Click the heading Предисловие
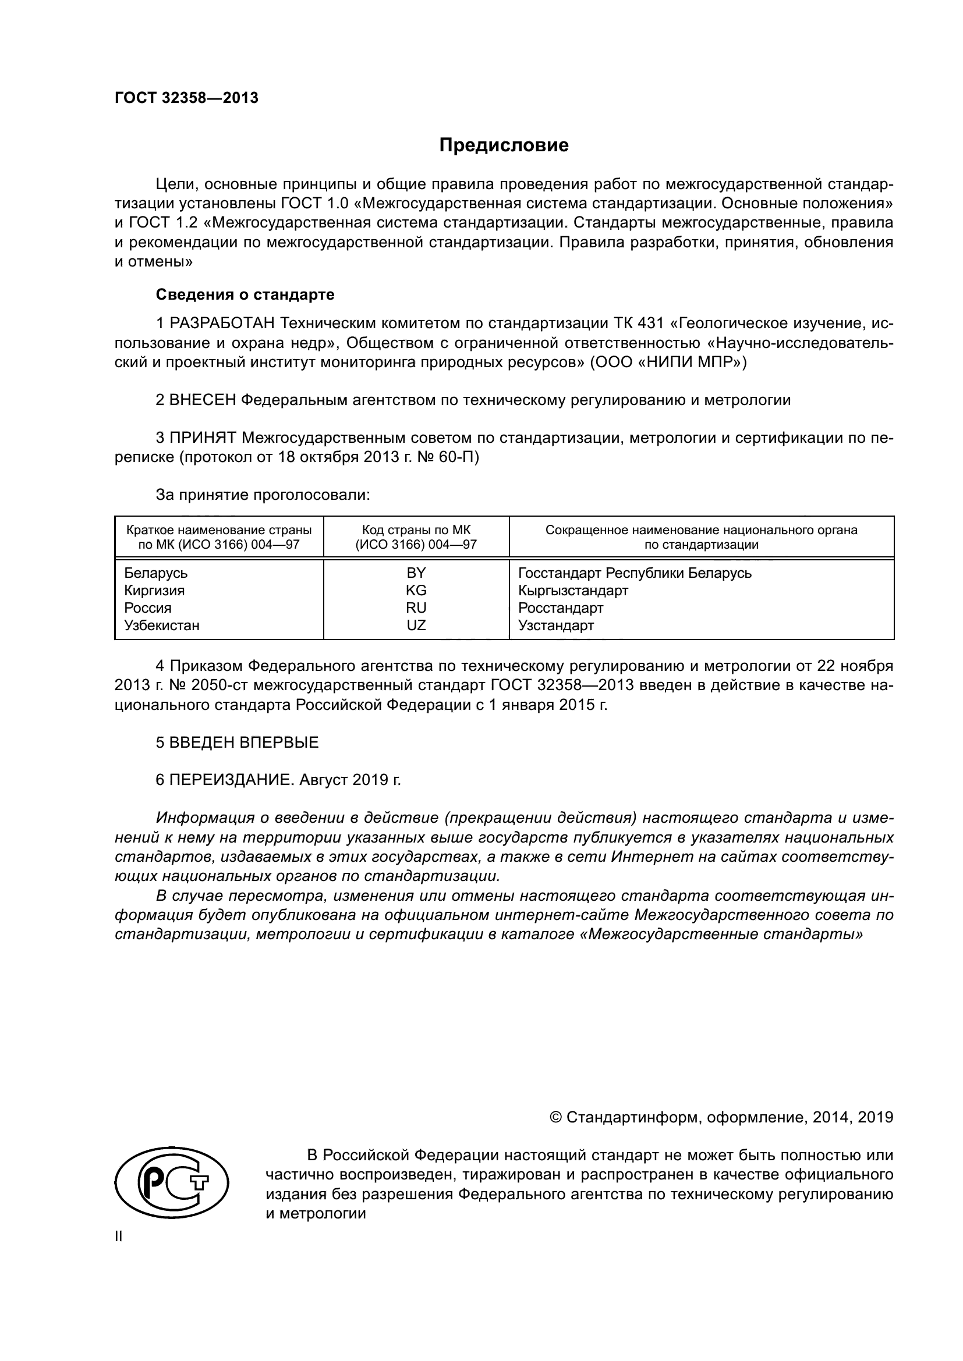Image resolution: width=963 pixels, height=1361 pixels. coord(504,145)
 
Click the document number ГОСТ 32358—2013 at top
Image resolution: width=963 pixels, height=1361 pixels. coord(186,98)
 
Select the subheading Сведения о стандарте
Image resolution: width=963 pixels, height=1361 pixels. coord(245,294)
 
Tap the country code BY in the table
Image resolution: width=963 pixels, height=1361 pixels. coord(416,573)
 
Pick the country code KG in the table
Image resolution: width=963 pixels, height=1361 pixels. coord(416,591)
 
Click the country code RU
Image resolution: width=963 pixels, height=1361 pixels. coord(416,607)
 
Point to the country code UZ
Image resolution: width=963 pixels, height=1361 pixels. coord(416,626)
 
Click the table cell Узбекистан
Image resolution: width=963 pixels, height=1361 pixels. coord(161,626)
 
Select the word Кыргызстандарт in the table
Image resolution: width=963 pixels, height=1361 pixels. coord(572,591)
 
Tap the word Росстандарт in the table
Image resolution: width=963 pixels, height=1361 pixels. coord(560,607)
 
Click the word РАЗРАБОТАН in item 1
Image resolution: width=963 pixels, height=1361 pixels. coord(222,324)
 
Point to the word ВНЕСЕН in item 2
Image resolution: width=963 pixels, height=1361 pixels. coord(202,400)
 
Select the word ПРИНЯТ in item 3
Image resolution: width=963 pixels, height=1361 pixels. coord(203,438)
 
